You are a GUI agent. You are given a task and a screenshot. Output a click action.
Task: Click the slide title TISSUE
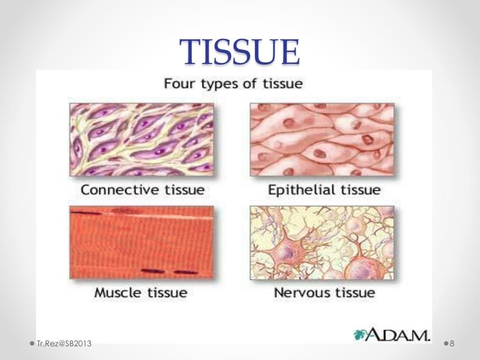239,52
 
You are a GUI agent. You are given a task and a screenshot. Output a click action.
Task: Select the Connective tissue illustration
142,139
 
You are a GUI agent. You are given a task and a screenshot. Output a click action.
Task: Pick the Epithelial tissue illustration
322,139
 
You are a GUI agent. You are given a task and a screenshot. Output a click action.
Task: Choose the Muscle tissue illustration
142,242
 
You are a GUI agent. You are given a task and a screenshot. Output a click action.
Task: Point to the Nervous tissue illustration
322,242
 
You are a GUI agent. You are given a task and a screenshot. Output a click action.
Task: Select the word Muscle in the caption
119,293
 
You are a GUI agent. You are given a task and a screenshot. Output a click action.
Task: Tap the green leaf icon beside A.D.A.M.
360,335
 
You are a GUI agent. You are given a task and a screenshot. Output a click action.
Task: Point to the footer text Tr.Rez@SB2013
64,343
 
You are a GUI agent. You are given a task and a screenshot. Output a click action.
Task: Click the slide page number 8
452,343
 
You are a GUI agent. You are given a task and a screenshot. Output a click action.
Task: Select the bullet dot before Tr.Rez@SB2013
32,343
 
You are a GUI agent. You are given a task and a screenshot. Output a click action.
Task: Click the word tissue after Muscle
167,293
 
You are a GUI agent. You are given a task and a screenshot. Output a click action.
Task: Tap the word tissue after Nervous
355,293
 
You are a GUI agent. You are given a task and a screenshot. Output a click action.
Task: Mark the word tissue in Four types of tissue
283,83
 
